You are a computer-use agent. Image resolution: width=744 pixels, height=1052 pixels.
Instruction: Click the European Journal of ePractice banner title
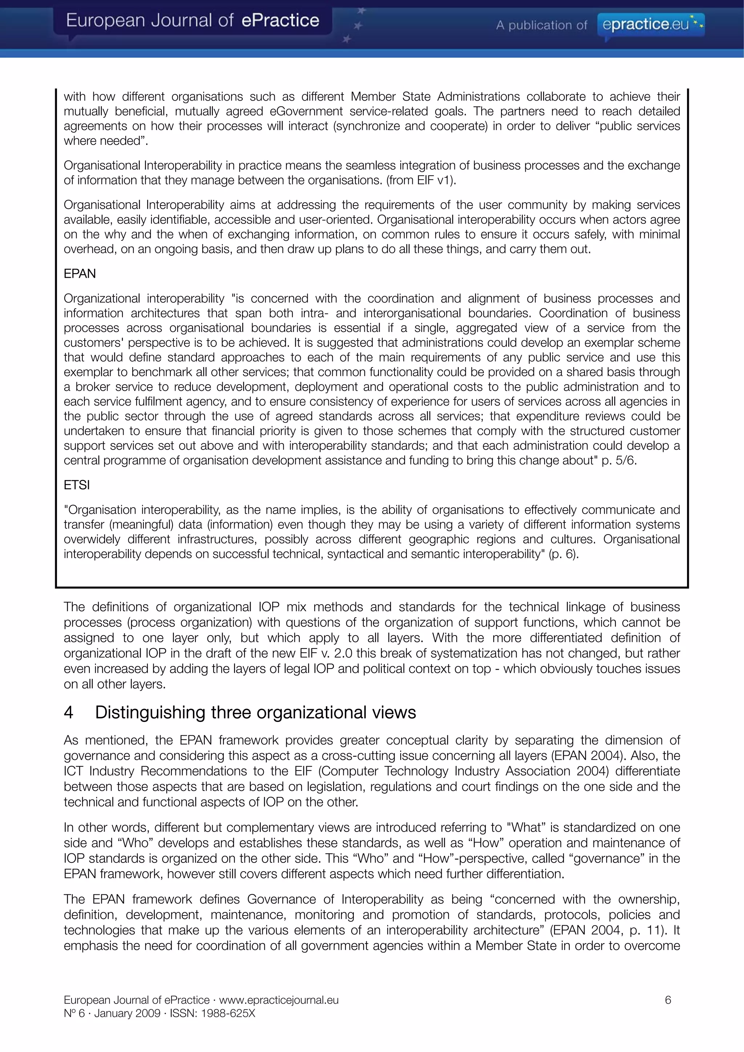[193, 21]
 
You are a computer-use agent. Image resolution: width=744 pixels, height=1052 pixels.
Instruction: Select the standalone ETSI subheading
[77, 485]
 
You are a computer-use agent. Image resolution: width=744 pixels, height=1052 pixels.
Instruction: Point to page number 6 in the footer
[668, 1000]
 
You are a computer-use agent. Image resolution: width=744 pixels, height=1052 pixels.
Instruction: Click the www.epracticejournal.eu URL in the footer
[279, 1000]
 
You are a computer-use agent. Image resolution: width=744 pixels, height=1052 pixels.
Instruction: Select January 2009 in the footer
[127, 1013]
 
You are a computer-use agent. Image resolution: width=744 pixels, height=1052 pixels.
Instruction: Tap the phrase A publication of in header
[541, 25]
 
